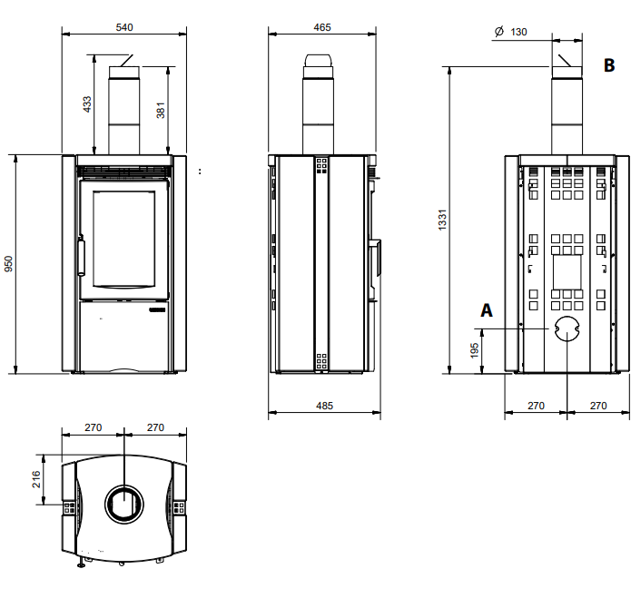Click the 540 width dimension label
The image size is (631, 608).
124,27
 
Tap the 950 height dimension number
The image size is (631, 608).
8,264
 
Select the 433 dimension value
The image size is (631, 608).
87,104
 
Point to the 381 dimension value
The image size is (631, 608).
161,111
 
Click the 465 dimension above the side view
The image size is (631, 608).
322,27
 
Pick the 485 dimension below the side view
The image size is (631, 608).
324,406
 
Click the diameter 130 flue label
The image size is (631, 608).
510,32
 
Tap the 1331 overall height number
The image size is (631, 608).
443,220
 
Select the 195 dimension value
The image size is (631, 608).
475,350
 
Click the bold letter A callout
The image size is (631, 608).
487,310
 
